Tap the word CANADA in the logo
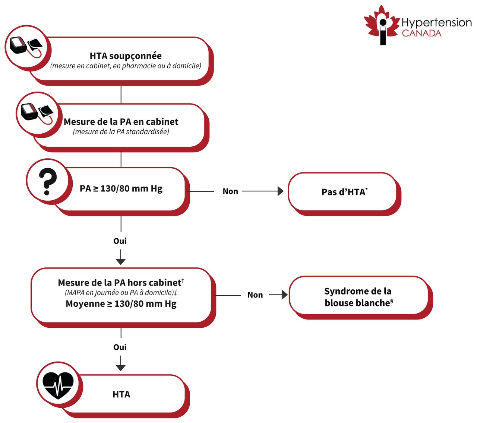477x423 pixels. pyautogui.click(x=421, y=33)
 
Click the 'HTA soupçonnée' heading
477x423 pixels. pyautogui.click(x=126, y=56)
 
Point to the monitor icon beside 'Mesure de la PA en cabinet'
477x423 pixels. pyautogui.click(x=37, y=113)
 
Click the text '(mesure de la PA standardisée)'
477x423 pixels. pyautogui.click(x=121, y=131)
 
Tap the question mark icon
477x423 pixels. pyautogui.click(x=47, y=182)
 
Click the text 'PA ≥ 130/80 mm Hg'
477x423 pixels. pyautogui.click(x=121, y=188)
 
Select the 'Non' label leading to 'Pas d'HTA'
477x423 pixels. pyautogui.click(x=230, y=191)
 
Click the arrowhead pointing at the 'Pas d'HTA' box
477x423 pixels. pyautogui.click(x=281, y=191)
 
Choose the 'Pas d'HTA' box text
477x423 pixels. pyautogui.click(x=344, y=192)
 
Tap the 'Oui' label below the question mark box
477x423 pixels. pyautogui.click(x=120, y=241)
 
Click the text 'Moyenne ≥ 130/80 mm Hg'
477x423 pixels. pyautogui.click(x=121, y=304)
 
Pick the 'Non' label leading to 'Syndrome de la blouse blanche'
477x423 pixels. pyautogui.click(x=255, y=295)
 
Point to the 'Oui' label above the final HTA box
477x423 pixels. pyautogui.click(x=120, y=347)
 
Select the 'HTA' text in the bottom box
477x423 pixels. pyautogui.click(x=121, y=394)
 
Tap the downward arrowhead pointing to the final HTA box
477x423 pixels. pyautogui.click(x=120, y=368)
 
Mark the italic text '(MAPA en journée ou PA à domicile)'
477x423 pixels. pyautogui.click(x=120, y=293)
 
